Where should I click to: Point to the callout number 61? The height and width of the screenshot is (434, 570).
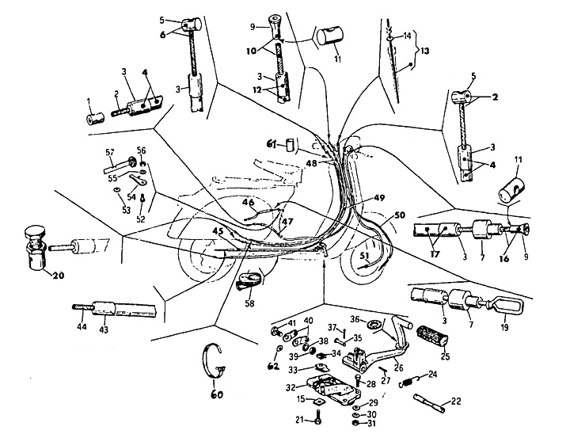pos(270,143)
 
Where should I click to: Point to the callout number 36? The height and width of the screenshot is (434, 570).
pos(355,318)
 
